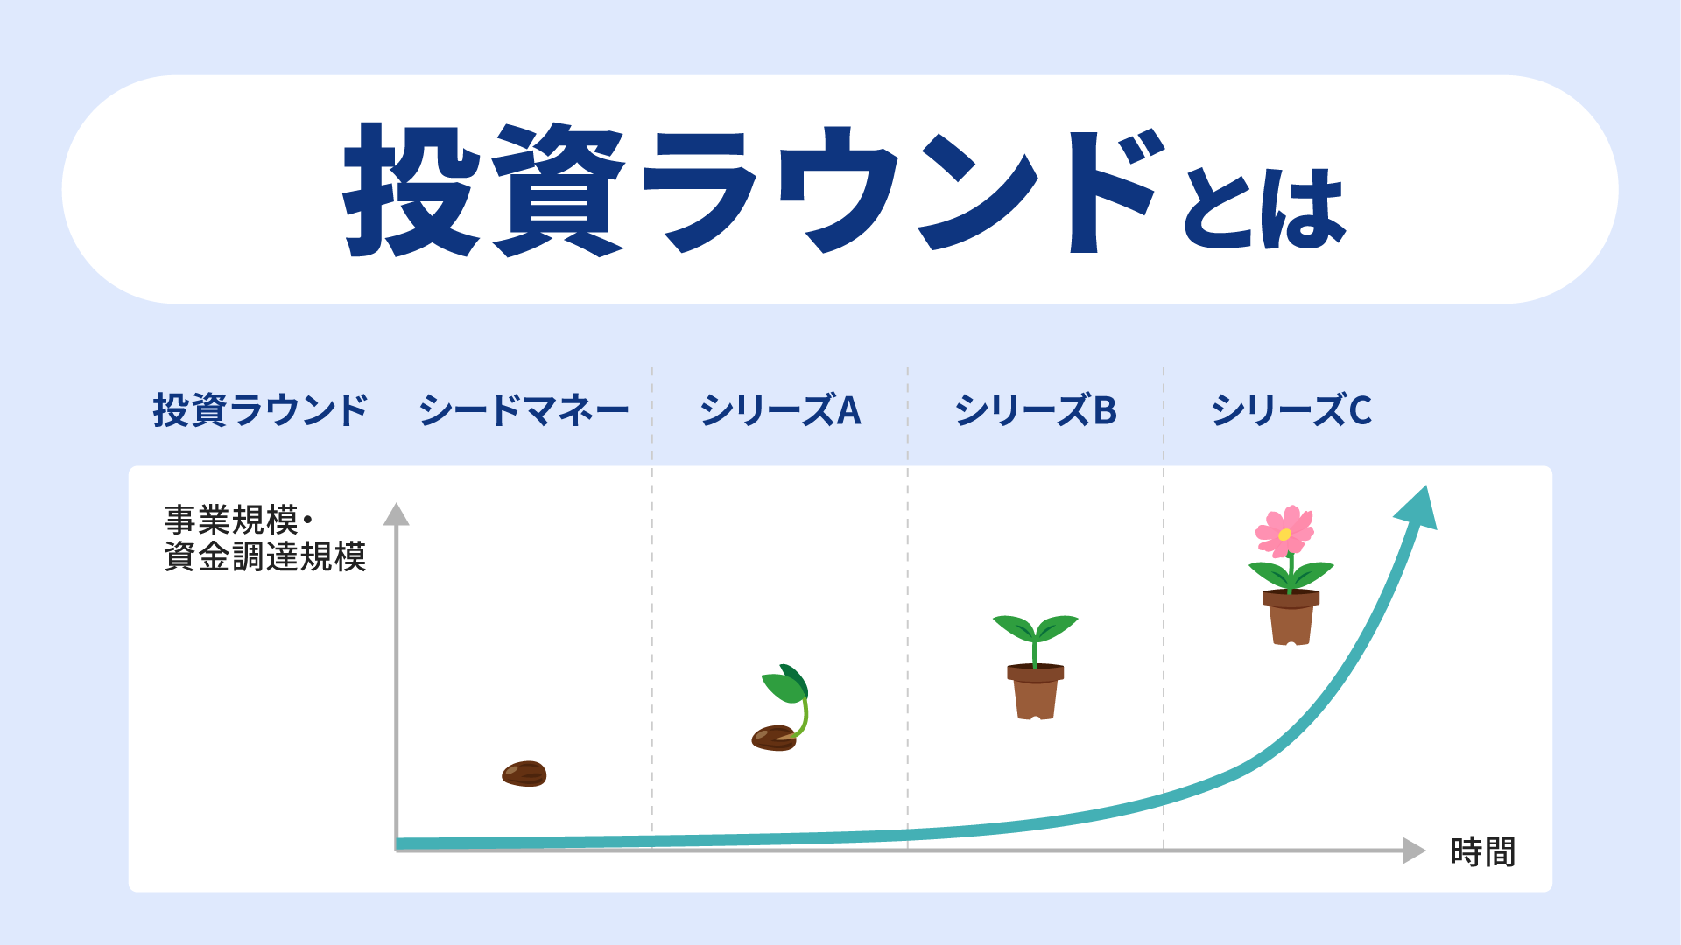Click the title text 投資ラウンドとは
pyautogui.click(x=844, y=189)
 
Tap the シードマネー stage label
pyautogui.click(x=524, y=410)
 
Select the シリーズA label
pyautogui.click(x=780, y=410)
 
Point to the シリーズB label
pyautogui.click(x=1036, y=410)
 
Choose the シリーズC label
pyautogui.click(x=1291, y=410)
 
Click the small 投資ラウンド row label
pyautogui.click(x=260, y=410)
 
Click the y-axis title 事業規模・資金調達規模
pyautogui.click(x=264, y=538)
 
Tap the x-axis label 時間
pyautogui.click(x=1482, y=851)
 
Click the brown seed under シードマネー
pyautogui.click(x=524, y=773)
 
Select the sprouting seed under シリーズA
pyautogui.click(x=782, y=707)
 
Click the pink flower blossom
pyautogui.click(x=1284, y=531)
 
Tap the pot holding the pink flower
pyautogui.click(x=1291, y=617)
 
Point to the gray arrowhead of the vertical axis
pyautogui.click(x=397, y=514)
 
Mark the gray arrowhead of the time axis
pyautogui.click(x=1415, y=850)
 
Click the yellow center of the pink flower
pyautogui.click(x=1284, y=535)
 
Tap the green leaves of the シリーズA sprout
pyautogui.click(x=785, y=683)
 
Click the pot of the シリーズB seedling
pyautogui.click(x=1036, y=691)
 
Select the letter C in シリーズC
pyautogui.click(x=1361, y=410)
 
